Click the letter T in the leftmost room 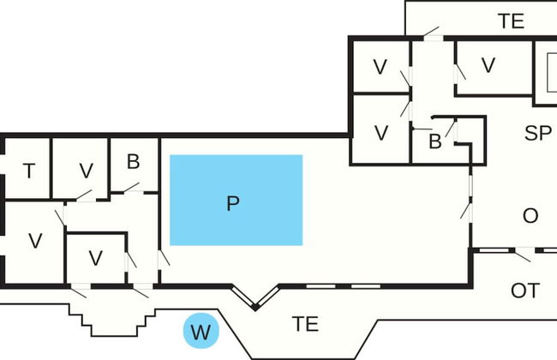[29, 171]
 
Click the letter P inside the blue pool [232, 203]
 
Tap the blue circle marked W [201, 331]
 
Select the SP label [537, 133]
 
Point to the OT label [524, 291]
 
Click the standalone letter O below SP [530, 215]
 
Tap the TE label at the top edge [511, 22]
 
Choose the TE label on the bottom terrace [305, 324]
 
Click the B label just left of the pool [133, 162]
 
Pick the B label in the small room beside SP [434, 142]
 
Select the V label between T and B [86, 171]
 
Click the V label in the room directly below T [35, 241]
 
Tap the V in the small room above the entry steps [96, 257]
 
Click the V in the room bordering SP [488, 65]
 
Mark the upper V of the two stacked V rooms [382, 65]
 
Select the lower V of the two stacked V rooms [382, 133]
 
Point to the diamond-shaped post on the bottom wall [255, 305]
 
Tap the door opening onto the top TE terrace [429, 34]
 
